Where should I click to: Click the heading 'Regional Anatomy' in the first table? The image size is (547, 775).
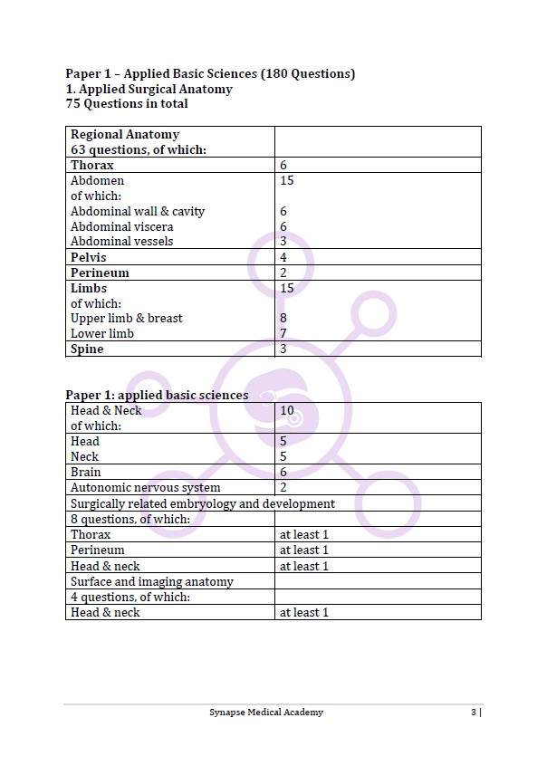(125, 135)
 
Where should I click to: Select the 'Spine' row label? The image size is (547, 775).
(87, 349)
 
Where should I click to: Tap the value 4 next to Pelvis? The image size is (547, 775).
(283, 257)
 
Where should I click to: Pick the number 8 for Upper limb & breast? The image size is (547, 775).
(283, 319)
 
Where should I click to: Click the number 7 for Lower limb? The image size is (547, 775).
(283, 334)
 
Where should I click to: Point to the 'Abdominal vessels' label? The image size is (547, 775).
(122, 242)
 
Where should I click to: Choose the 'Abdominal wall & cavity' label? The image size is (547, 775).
(138, 212)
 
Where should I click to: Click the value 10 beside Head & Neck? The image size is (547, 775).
(287, 411)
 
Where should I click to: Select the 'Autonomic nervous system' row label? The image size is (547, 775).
(145, 488)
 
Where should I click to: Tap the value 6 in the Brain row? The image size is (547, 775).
(283, 473)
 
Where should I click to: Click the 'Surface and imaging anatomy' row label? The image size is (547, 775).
(152, 582)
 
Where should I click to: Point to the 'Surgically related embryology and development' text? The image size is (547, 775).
(203, 503)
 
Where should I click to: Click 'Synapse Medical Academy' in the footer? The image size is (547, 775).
(265, 713)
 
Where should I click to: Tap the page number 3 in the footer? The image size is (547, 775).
(474, 713)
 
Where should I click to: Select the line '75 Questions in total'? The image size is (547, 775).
(127, 104)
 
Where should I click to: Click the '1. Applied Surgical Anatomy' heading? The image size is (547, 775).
(149, 89)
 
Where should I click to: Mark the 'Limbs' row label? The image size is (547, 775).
(89, 288)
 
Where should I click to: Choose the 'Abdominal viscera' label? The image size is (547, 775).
(122, 226)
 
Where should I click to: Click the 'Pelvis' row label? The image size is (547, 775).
(88, 257)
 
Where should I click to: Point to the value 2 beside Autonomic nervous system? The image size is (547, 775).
(283, 488)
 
